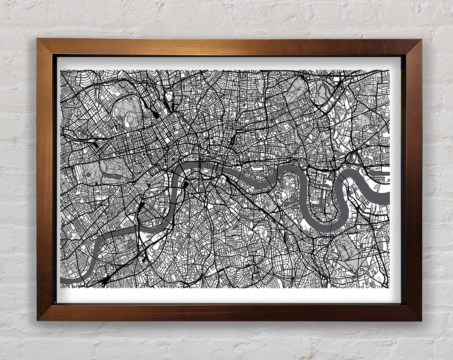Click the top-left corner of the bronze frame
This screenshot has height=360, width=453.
[x=38, y=39]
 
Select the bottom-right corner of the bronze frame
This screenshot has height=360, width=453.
[x=421, y=320]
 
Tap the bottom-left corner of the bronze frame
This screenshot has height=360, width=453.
[x=38, y=320]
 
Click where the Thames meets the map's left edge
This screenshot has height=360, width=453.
[x=62, y=279]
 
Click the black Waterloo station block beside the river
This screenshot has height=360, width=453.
[x=186, y=183]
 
